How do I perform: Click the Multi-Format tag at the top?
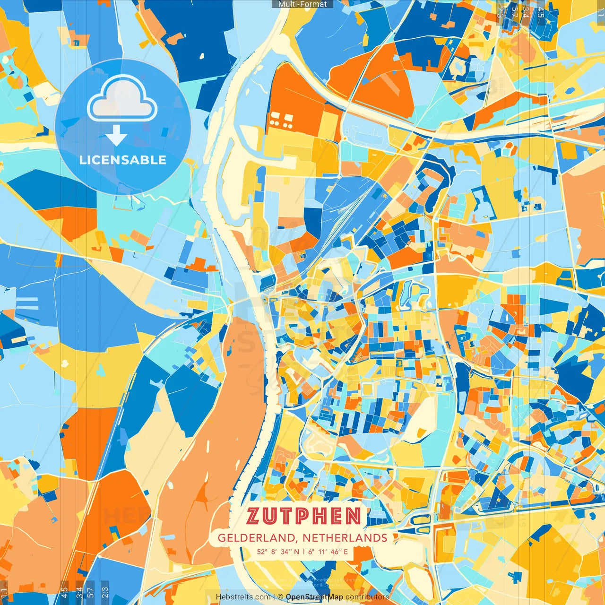tap(302, 4)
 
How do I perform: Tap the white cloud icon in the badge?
tap(122, 99)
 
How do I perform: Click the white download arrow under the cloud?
tap(116, 136)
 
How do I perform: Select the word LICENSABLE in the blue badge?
tap(123, 160)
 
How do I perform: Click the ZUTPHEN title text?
tap(303, 516)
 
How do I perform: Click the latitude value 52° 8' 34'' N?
tap(278, 552)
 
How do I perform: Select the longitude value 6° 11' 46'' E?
tap(328, 552)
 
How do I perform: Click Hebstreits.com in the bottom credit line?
tap(243, 597)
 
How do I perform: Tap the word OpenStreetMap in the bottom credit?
tap(314, 597)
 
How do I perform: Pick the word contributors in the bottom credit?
tap(367, 597)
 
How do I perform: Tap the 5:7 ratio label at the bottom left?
tap(91, 591)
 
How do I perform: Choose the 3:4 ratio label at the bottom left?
tap(79, 591)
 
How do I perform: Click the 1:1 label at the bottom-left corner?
tap(4, 592)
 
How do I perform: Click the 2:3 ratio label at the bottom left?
tap(105, 591)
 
